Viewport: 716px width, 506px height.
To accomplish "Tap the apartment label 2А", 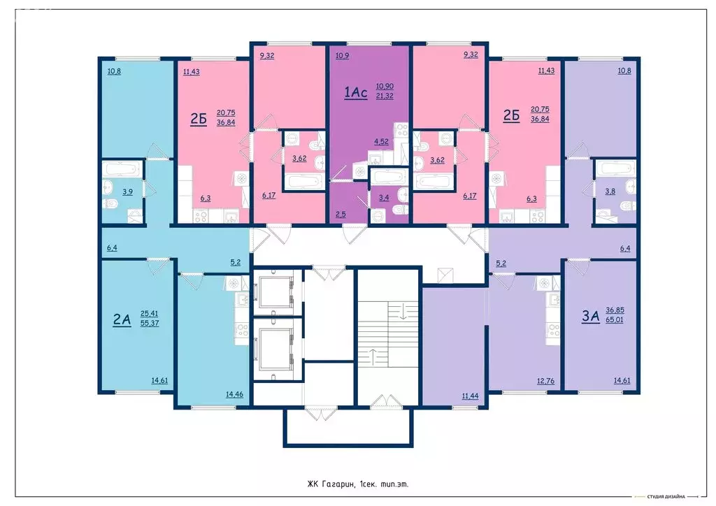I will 122,319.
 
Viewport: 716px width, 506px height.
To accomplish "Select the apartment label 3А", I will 591,316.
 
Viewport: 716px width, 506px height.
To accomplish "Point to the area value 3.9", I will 128,191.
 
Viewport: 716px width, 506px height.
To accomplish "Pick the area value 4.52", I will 382,142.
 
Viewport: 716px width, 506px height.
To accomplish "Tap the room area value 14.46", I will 234,394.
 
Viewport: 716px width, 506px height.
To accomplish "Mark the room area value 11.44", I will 471,396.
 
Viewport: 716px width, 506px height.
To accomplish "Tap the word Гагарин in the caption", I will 334,483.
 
